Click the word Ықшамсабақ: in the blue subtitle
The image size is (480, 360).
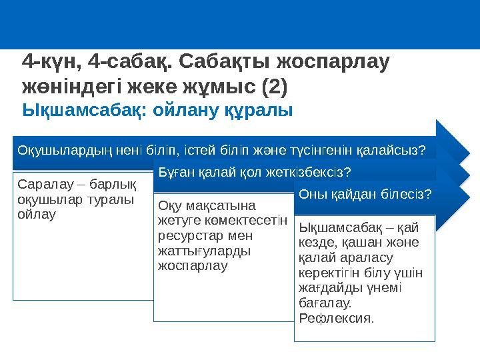pyautogui.click(x=84, y=109)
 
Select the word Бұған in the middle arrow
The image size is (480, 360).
pyautogui.click(x=175, y=173)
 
